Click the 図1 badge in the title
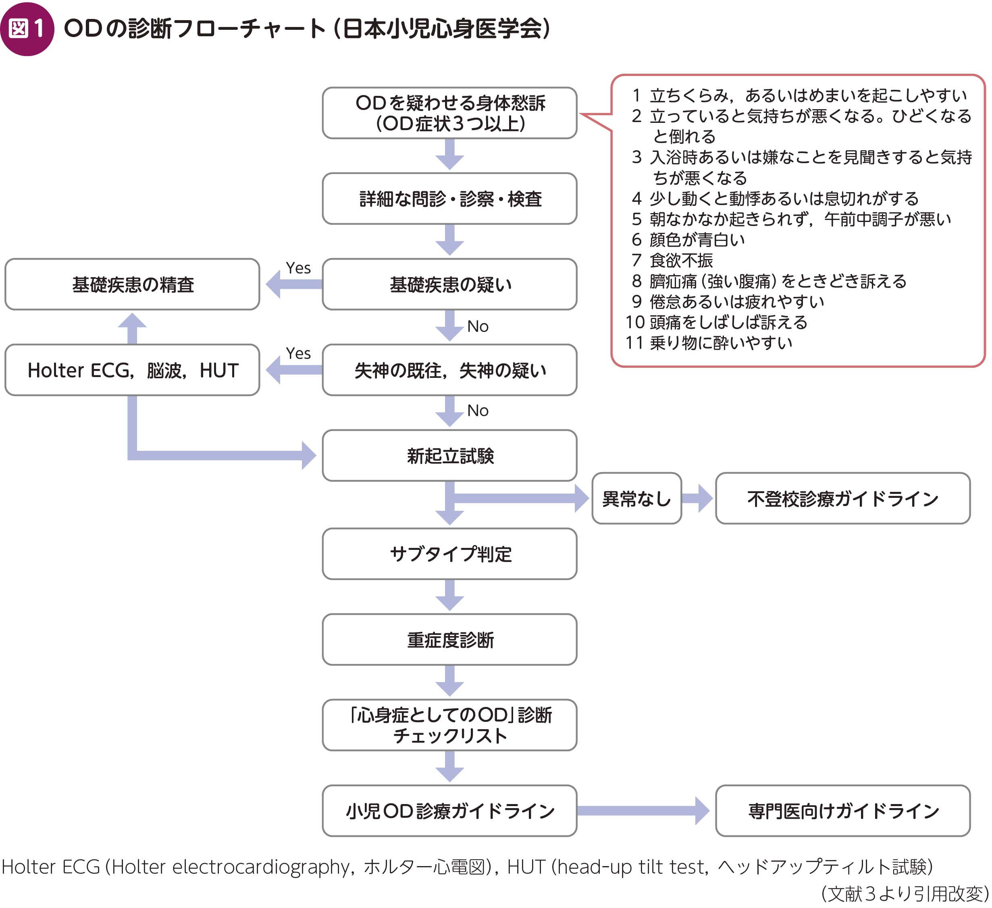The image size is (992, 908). point(27,29)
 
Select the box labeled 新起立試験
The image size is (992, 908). point(449,456)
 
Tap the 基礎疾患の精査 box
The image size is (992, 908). point(132,284)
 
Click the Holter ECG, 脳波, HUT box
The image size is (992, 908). point(132,370)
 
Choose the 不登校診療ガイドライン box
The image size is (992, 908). point(842,498)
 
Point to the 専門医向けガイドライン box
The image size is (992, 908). point(842,811)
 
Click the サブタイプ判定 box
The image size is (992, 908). point(449,554)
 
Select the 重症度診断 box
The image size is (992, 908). point(449,639)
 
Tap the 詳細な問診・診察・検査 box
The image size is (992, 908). point(449,199)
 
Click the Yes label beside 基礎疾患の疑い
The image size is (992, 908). point(298,268)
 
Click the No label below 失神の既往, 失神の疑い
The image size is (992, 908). point(477,410)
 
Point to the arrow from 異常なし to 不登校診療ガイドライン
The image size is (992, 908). point(698,498)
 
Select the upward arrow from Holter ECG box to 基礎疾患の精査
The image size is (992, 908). point(132,328)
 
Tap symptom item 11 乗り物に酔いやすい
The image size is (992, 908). point(709,343)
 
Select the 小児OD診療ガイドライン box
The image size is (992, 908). point(449,811)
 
